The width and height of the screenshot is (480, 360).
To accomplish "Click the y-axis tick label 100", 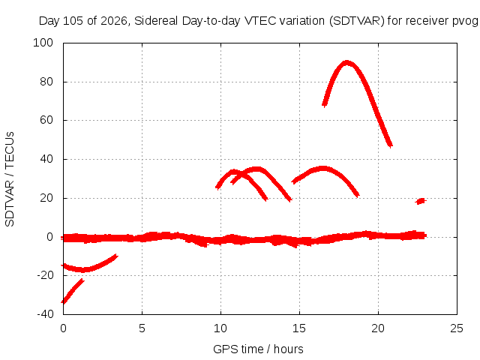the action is pyautogui.click(x=43, y=43).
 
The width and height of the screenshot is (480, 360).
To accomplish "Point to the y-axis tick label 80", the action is pyautogui.click(x=46, y=82).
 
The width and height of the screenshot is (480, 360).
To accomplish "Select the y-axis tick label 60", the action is pyautogui.click(x=46, y=120).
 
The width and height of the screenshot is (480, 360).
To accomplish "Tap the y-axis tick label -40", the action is pyautogui.click(x=45, y=314).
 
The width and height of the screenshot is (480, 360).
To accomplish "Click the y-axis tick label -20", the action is pyautogui.click(x=45, y=275).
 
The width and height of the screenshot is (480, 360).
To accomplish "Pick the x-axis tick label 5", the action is pyautogui.click(x=142, y=328).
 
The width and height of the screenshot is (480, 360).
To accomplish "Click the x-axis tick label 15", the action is pyautogui.click(x=299, y=328).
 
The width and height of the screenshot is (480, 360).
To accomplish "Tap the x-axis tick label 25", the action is pyautogui.click(x=457, y=328).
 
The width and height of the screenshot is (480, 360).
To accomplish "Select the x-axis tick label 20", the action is pyautogui.click(x=378, y=328).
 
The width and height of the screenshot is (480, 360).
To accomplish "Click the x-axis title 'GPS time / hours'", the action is pyautogui.click(x=258, y=349).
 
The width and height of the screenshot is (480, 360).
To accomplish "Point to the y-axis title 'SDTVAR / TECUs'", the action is pyautogui.click(x=10, y=179).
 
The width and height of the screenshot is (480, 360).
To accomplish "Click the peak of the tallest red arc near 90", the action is pyautogui.click(x=346, y=63).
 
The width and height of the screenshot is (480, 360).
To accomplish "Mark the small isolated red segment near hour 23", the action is pyautogui.click(x=421, y=201).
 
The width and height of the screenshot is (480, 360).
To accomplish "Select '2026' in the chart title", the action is pyautogui.click(x=113, y=21).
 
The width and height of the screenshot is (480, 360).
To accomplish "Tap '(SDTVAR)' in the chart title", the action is pyautogui.click(x=357, y=21).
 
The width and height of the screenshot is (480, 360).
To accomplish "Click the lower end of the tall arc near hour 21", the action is pyautogui.click(x=390, y=145).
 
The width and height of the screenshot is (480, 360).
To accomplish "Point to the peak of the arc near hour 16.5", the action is pyautogui.click(x=323, y=168).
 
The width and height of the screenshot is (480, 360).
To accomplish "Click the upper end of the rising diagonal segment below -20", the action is pyautogui.click(x=82, y=280).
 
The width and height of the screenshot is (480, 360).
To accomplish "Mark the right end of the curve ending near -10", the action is pyautogui.click(x=116, y=256).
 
